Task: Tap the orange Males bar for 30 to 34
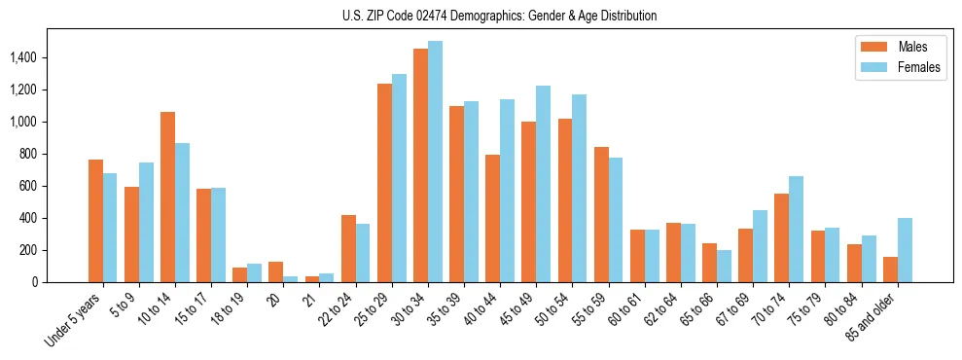pos(420,165)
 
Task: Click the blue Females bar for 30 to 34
pos(435,162)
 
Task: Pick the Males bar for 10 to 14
pos(167,198)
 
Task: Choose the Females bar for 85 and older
pos(905,250)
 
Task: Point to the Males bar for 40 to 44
pos(492,218)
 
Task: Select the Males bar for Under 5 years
pos(95,221)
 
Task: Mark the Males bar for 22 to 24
pos(348,248)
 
